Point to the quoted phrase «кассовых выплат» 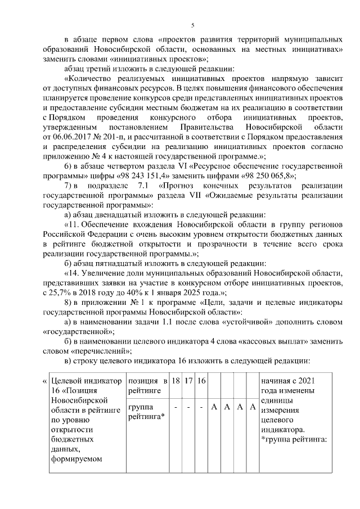point(260,340)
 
